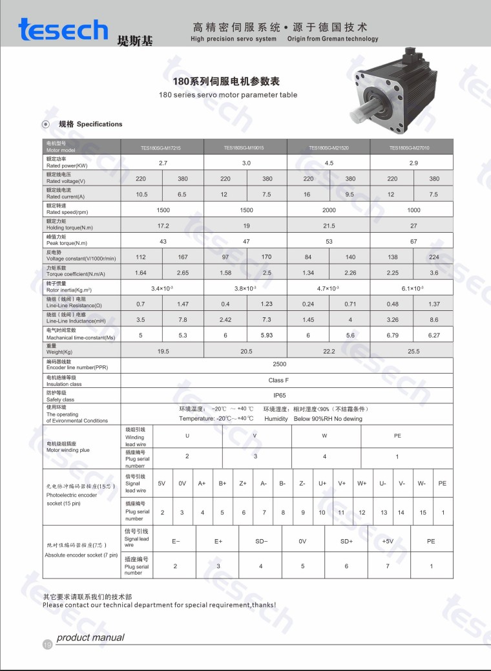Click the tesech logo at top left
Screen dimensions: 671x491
click(x=63, y=30)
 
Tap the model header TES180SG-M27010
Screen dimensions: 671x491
click(x=409, y=148)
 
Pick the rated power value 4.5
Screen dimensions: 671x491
click(x=329, y=163)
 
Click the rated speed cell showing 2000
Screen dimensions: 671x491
click(x=329, y=210)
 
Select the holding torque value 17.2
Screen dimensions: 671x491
click(x=163, y=226)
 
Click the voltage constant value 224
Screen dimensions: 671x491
click(x=434, y=257)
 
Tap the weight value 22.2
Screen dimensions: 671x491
click(x=329, y=351)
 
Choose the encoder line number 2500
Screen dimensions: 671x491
click(x=279, y=365)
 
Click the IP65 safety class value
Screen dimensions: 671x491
click(x=279, y=395)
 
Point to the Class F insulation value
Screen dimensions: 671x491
click(x=279, y=380)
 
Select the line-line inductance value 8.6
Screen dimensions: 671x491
click(x=434, y=319)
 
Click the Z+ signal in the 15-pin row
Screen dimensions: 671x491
click(x=243, y=484)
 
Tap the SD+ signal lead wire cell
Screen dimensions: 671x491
click(x=346, y=541)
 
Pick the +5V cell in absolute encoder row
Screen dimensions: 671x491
click(x=388, y=541)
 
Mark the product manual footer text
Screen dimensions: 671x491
click(x=90, y=637)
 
